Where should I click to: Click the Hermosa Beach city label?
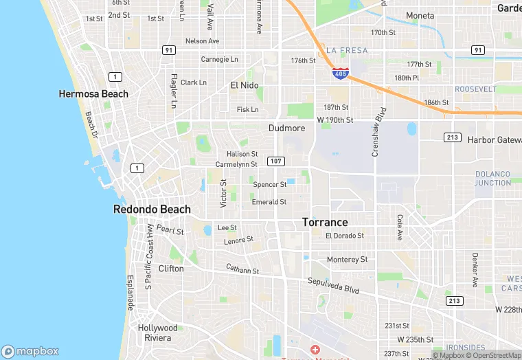(x=93, y=93)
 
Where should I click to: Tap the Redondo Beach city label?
(x=152, y=210)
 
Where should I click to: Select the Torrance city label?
(x=325, y=223)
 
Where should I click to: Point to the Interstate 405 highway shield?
(x=340, y=72)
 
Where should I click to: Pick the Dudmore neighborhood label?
(x=286, y=128)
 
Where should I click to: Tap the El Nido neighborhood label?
(x=245, y=85)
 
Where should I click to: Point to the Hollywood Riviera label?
(x=157, y=333)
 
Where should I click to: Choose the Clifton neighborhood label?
(x=171, y=269)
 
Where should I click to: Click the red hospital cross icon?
(x=315, y=350)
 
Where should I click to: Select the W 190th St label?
(x=334, y=120)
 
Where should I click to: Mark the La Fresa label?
(x=347, y=50)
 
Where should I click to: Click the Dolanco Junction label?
(x=493, y=179)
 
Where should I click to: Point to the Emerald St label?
(x=269, y=202)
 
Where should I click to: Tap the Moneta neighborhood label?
(x=420, y=16)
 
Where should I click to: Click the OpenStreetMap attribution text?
(x=494, y=355)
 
